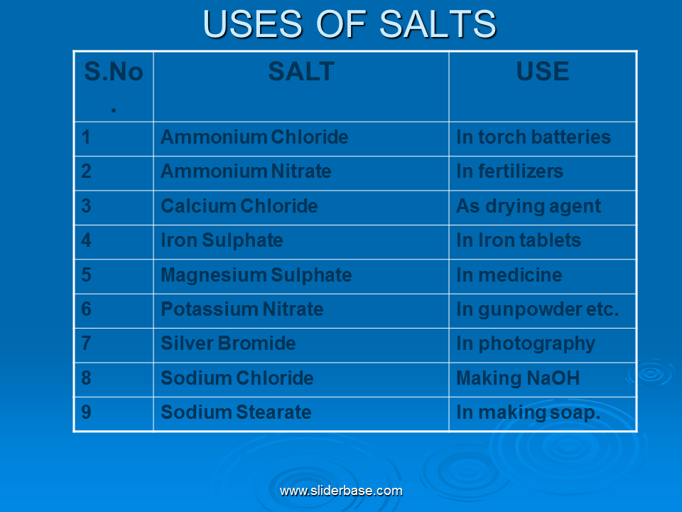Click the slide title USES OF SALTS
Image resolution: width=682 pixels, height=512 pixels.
(350, 24)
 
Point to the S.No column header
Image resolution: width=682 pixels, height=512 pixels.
(114, 85)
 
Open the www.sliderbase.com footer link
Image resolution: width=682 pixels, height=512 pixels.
(341, 491)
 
